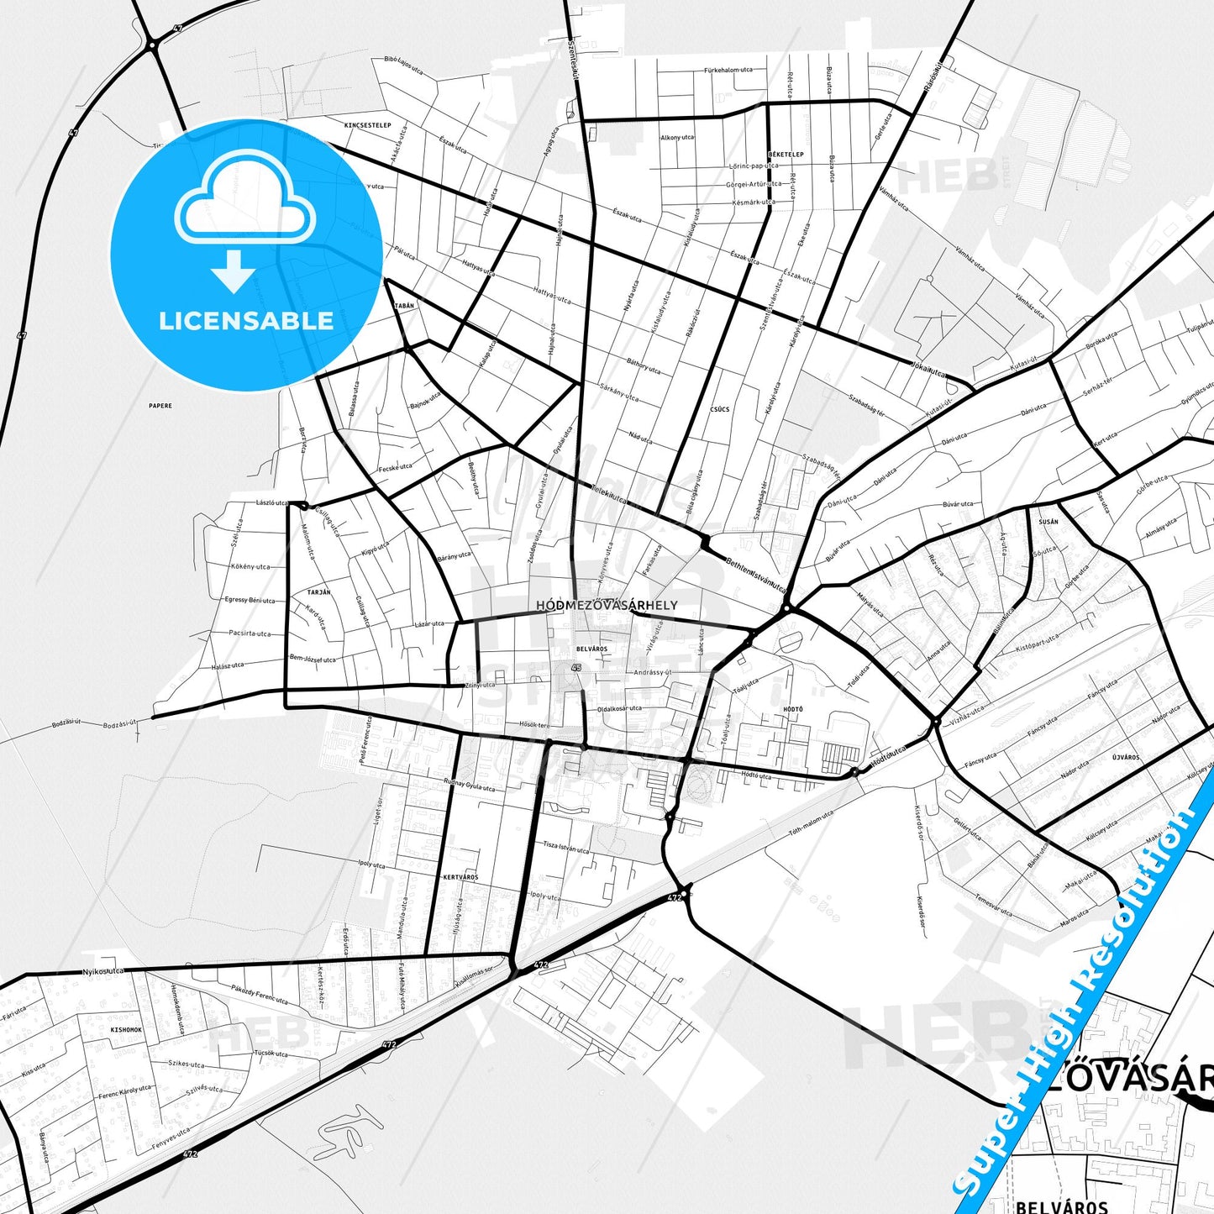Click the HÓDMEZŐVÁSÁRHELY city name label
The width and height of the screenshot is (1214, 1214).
point(607,605)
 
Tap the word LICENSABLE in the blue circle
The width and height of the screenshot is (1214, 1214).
point(246,321)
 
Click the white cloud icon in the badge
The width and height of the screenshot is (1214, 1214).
point(244,198)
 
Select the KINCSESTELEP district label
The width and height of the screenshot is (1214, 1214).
point(368,125)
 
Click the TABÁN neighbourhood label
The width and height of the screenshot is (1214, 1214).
point(404,306)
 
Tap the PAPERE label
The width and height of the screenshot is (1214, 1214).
point(160,406)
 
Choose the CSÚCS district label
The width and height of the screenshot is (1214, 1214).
point(720,409)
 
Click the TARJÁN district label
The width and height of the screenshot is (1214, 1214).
point(318,592)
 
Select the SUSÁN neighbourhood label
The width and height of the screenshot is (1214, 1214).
point(1048,522)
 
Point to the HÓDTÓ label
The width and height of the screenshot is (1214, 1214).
point(793,709)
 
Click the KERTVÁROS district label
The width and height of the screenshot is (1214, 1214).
point(460,877)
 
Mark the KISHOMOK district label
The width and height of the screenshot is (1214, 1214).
point(126,1029)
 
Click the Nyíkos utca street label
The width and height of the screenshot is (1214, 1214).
point(103,971)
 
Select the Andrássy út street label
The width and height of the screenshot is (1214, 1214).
point(653,673)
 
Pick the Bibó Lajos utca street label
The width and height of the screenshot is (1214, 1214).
point(403,65)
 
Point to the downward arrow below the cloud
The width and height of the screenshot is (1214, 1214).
point(234,271)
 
